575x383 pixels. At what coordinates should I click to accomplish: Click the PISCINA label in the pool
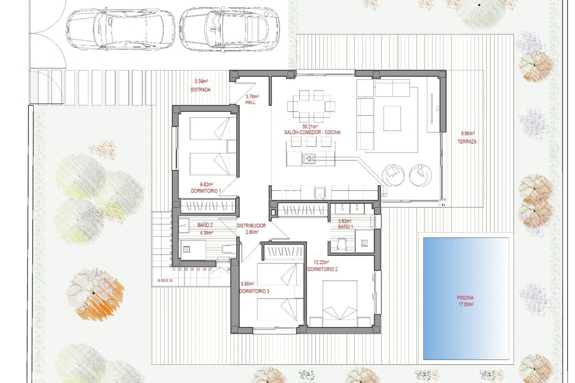pyautogui.click(x=465, y=298)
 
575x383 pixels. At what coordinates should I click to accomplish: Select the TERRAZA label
pyautogui.click(x=467, y=142)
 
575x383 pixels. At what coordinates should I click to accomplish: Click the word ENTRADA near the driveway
pyautogui.click(x=200, y=89)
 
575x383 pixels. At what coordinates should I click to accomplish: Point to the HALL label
pyautogui.click(x=250, y=102)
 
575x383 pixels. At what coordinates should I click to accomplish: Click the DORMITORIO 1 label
pyautogui.click(x=206, y=191)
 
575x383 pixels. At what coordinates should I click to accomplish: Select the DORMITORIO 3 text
pyautogui.click(x=254, y=291)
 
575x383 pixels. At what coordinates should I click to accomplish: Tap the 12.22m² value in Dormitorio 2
pyautogui.click(x=321, y=262)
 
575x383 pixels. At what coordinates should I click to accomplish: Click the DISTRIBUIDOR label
pyautogui.click(x=251, y=226)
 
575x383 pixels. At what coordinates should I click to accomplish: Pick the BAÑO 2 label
pyautogui.click(x=205, y=225)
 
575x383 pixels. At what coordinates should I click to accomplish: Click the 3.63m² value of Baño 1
pyautogui.click(x=344, y=221)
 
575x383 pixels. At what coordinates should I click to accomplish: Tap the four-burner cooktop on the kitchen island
pyautogui.click(x=309, y=159)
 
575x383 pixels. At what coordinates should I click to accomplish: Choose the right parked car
pyautogui.click(x=229, y=29)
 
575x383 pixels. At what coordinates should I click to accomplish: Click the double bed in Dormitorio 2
pyautogui.click(x=340, y=303)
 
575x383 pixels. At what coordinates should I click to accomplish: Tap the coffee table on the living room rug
pyautogui.click(x=392, y=118)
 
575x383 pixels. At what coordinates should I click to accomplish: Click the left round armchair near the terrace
pyautogui.click(x=393, y=175)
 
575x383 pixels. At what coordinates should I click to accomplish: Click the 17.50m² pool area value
pyautogui.click(x=466, y=305)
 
